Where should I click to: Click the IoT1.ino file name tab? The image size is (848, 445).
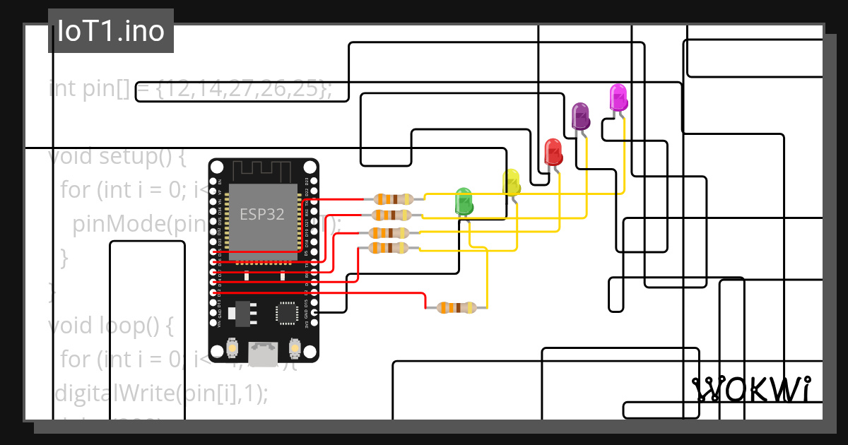[x=111, y=31]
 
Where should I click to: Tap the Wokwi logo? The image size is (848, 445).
[x=750, y=389]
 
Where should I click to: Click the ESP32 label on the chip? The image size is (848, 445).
[x=261, y=214]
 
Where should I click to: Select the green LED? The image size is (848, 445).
[x=464, y=201]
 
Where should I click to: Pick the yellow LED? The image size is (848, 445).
[x=512, y=182]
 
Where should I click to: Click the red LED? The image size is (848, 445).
[x=553, y=152]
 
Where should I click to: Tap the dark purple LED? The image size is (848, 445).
[x=580, y=116]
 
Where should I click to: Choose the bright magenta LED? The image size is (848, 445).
[x=618, y=97]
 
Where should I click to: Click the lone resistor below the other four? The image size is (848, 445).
[x=456, y=307]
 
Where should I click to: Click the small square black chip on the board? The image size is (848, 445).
[x=287, y=312]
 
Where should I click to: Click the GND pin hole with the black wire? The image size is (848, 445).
[x=314, y=311]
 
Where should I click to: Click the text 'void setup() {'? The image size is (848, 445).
[x=117, y=156]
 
